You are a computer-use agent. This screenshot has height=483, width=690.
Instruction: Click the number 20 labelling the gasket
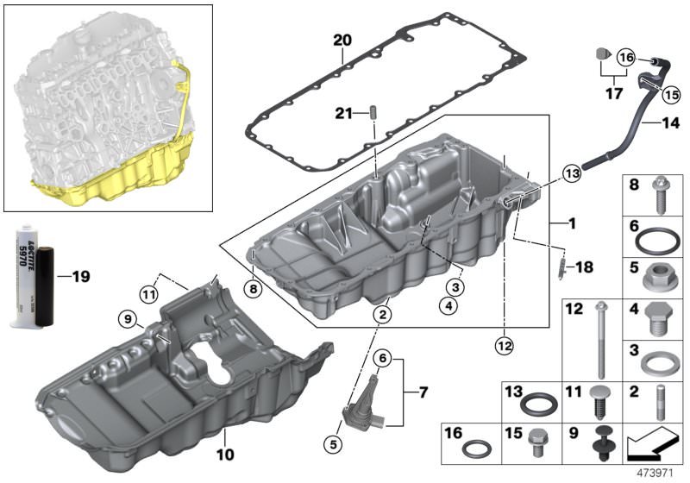[343, 41]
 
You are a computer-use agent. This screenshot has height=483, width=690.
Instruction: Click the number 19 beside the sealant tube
[79, 277]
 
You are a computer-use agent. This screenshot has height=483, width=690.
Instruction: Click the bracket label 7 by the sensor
[423, 392]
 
